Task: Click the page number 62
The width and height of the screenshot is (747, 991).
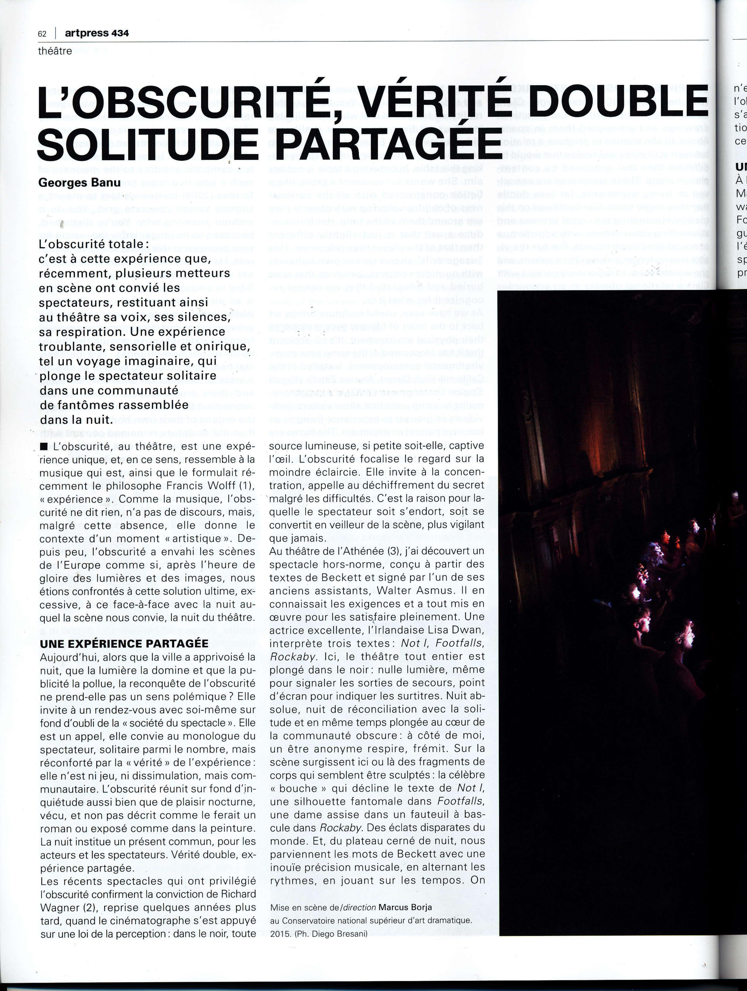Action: [42, 34]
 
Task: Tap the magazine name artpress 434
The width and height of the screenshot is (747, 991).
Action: [96, 33]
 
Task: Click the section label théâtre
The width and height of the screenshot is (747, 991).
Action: [55, 51]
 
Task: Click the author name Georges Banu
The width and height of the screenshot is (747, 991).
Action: [79, 182]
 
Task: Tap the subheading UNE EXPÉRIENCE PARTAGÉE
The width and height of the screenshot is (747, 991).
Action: [124, 644]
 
